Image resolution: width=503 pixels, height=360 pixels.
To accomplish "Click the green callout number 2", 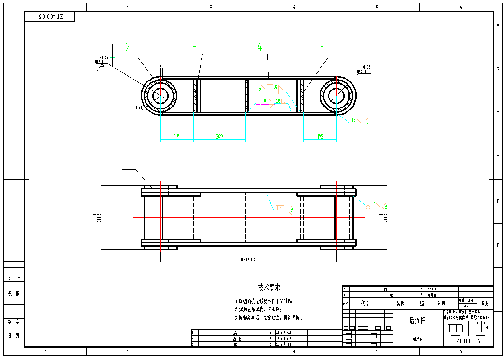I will tap(128, 47).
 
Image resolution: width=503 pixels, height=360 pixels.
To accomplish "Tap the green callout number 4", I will tap(259, 47).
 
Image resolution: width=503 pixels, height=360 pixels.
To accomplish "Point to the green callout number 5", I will tap(322, 47).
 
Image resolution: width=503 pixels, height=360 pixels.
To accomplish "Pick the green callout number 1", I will tap(128, 163).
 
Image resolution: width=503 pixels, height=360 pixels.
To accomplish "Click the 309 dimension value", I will tap(219, 136).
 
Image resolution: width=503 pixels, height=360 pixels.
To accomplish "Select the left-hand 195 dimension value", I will tap(177, 136).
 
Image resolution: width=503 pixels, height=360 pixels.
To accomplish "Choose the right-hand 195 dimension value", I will tap(320, 136).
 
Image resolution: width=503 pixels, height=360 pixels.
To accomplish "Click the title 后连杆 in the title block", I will tap(418, 321).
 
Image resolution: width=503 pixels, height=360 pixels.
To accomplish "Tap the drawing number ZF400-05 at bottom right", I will tap(468, 341).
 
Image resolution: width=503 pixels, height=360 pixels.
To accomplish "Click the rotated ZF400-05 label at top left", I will tap(50, 17).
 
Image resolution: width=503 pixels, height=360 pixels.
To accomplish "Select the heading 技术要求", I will tap(269, 288).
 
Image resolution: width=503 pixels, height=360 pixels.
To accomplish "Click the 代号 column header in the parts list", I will tap(365, 303).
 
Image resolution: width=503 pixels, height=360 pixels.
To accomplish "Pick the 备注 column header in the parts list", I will tap(484, 303).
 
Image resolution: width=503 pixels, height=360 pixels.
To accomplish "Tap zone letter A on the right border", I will tap(498, 26).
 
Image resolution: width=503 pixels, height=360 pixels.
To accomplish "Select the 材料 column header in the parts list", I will tap(441, 303).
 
